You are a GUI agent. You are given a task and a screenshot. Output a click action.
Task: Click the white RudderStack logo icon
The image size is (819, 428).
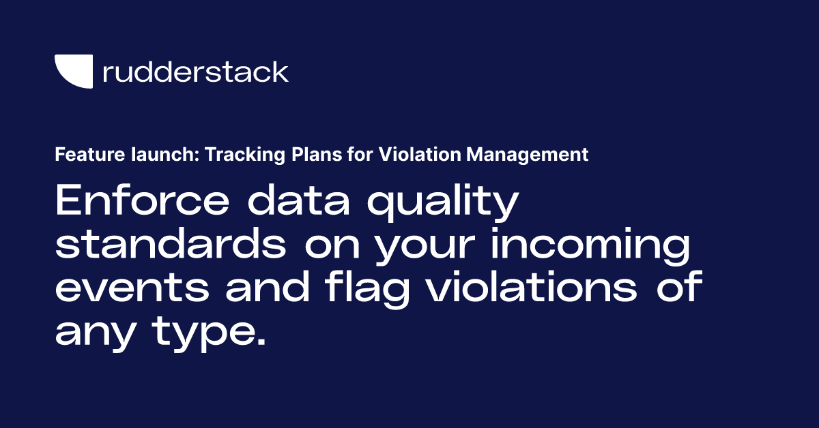(x=73, y=72)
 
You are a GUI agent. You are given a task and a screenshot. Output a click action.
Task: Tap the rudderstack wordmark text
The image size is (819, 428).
(x=195, y=72)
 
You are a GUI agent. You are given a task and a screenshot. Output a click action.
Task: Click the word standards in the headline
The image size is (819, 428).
(x=171, y=246)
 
